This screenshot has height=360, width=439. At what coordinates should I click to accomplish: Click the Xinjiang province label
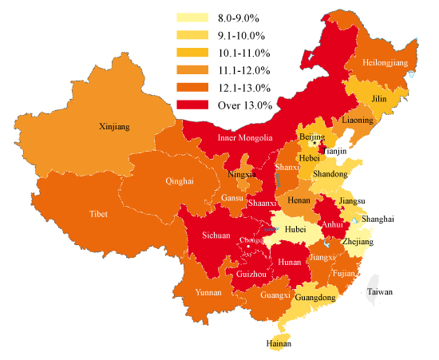click(x=114, y=126)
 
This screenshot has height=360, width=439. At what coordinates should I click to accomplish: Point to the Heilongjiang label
click(x=385, y=61)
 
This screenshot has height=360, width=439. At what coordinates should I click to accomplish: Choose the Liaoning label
click(x=357, y=120)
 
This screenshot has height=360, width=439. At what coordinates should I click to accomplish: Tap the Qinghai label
click(x=179, y=181)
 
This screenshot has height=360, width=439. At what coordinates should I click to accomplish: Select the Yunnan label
click(x=208, y=292)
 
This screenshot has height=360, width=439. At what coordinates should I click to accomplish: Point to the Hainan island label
click(x=279, y=343)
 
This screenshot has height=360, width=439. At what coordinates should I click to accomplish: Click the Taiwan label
click(x=380, y=292)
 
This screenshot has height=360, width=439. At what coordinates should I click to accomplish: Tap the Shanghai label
click(x=378, y=219)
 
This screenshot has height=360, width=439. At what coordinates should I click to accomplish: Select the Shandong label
click(x=330, y=173)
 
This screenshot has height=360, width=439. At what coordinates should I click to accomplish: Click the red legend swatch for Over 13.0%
click(x=192, y=105)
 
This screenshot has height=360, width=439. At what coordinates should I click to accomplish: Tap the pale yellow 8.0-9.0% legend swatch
click(x=192, y=17)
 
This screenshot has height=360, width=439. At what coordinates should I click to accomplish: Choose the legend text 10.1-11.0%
click(x=243, y=53)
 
